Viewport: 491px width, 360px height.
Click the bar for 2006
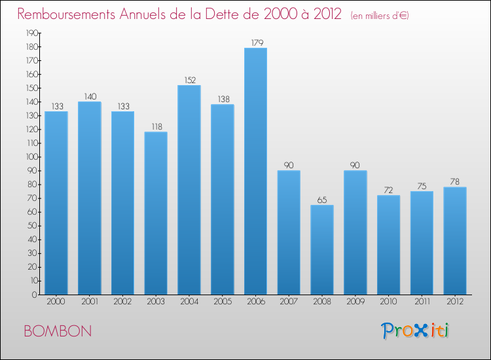tap(255, 171)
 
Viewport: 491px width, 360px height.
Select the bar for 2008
tap(322, 250)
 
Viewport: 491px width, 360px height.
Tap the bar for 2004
tap(189, 190)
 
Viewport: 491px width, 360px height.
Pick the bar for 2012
tap(455, 241)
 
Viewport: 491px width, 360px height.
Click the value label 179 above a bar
tap(255, 43)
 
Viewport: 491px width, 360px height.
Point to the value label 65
tap(322, 200)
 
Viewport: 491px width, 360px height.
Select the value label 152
tap(189, 81)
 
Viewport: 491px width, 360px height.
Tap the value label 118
tap(156, 127)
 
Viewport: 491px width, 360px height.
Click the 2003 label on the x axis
tap(156, 301)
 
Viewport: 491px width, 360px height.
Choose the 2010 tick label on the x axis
tap(388, 301)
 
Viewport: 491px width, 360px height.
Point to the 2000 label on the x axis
tap(56, 301)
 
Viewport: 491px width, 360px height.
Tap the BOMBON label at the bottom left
tap(58, 331)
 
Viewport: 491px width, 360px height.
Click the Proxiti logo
tap(415, 331)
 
